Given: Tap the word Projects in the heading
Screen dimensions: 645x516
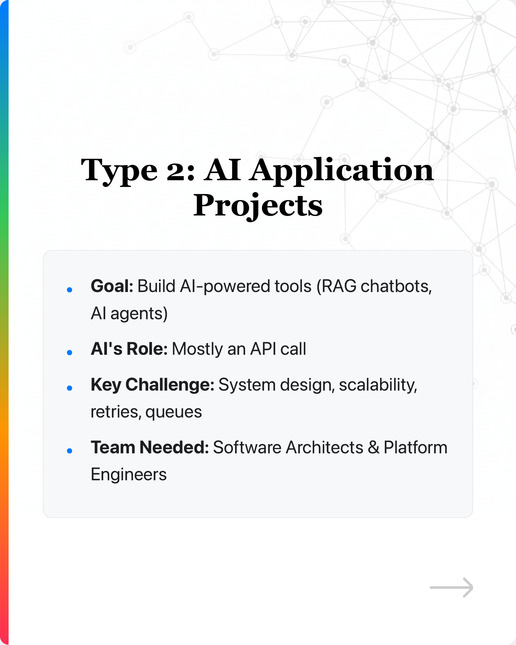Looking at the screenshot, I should click(x=258, y=206).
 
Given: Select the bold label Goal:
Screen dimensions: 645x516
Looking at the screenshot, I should click(x=112, y=286).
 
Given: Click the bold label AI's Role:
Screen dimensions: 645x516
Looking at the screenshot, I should click(x=129, y=349).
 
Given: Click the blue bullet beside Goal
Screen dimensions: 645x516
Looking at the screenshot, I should click(x=70, y=290).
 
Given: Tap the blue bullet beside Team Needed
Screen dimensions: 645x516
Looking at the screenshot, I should click(x=70, y=450).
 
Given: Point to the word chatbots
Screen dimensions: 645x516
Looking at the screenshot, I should click(x=396, y=286).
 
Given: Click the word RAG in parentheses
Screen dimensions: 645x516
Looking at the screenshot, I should click(x=339, y=286).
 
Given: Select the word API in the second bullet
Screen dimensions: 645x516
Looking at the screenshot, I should click(x=263, y=349).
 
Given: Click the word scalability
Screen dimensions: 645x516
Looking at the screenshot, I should click(x=378, y=385).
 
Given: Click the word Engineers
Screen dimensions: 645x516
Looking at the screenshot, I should click(x=129, y=475).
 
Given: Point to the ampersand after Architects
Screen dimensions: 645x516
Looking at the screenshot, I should click(x=374, y=448).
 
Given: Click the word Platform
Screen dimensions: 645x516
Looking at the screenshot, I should click(x=415, y=448).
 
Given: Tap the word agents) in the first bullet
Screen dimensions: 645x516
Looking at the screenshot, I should click(x=139, y=314).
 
